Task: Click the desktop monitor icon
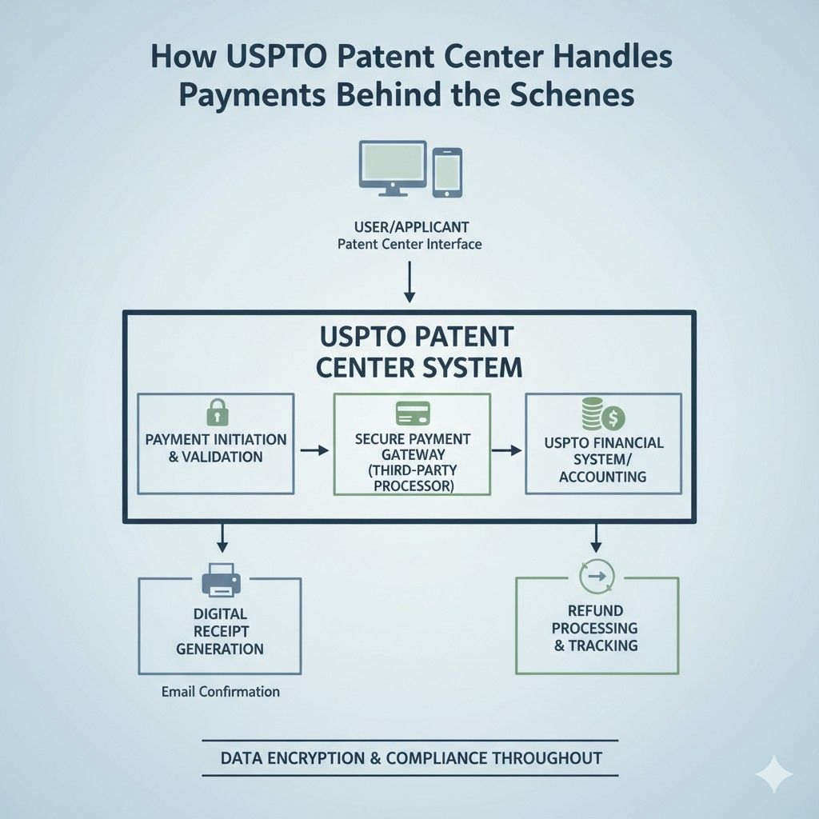392,167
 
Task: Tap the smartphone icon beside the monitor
446,171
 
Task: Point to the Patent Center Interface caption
409,243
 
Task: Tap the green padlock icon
216,413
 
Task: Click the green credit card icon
413,413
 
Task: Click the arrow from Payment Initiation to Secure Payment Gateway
314,450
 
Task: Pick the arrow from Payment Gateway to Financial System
505,450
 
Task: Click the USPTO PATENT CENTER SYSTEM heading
416,351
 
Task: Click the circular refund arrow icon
596,574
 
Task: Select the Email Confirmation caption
220,691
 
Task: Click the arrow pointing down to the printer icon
222,538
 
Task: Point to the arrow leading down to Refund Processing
596,538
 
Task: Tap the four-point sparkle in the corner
774,774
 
